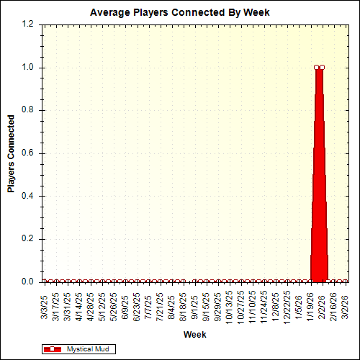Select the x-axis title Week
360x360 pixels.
click(195, 335)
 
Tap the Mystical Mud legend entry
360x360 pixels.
click(87, 348)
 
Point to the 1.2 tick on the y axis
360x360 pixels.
click(28, 24)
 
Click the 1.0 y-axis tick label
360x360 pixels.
click(28, 68)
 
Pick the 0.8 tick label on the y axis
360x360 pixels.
click(28, 110)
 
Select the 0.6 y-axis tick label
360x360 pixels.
click(28, 153)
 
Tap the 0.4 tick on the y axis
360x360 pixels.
click(28, 196)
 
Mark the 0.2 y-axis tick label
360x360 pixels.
click(28, 239)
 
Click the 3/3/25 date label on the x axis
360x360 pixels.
click(45, 303)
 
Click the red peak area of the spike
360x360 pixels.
click(319, 180)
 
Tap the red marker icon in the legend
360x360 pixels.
click(53, 348)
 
